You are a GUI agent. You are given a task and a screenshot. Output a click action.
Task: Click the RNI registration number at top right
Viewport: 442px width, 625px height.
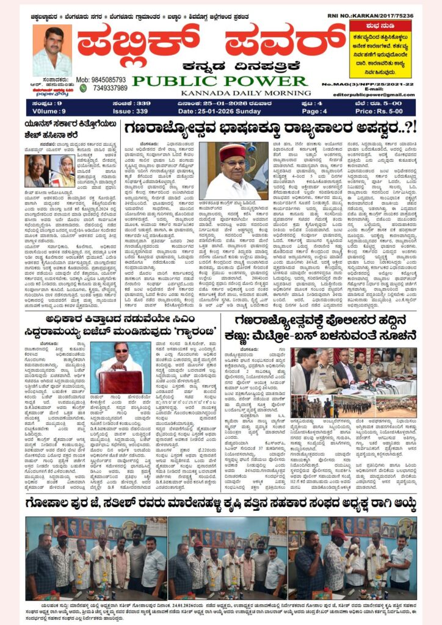[384, 15]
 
